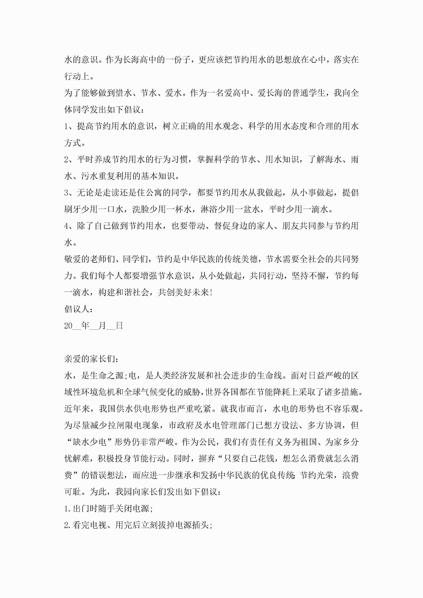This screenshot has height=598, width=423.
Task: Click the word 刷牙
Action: (72, 209)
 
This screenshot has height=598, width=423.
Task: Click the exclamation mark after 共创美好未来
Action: (211, 293)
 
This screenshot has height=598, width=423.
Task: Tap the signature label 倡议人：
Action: (78, 309)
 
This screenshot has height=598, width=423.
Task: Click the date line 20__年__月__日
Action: (93, 326)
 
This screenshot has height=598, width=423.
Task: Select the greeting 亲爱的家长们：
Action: (91, 359)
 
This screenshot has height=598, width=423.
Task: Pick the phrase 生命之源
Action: (106, 376)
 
